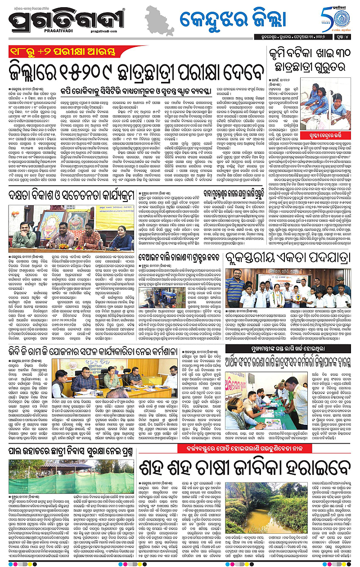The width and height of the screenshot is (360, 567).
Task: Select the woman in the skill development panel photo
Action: coord(113,234)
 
